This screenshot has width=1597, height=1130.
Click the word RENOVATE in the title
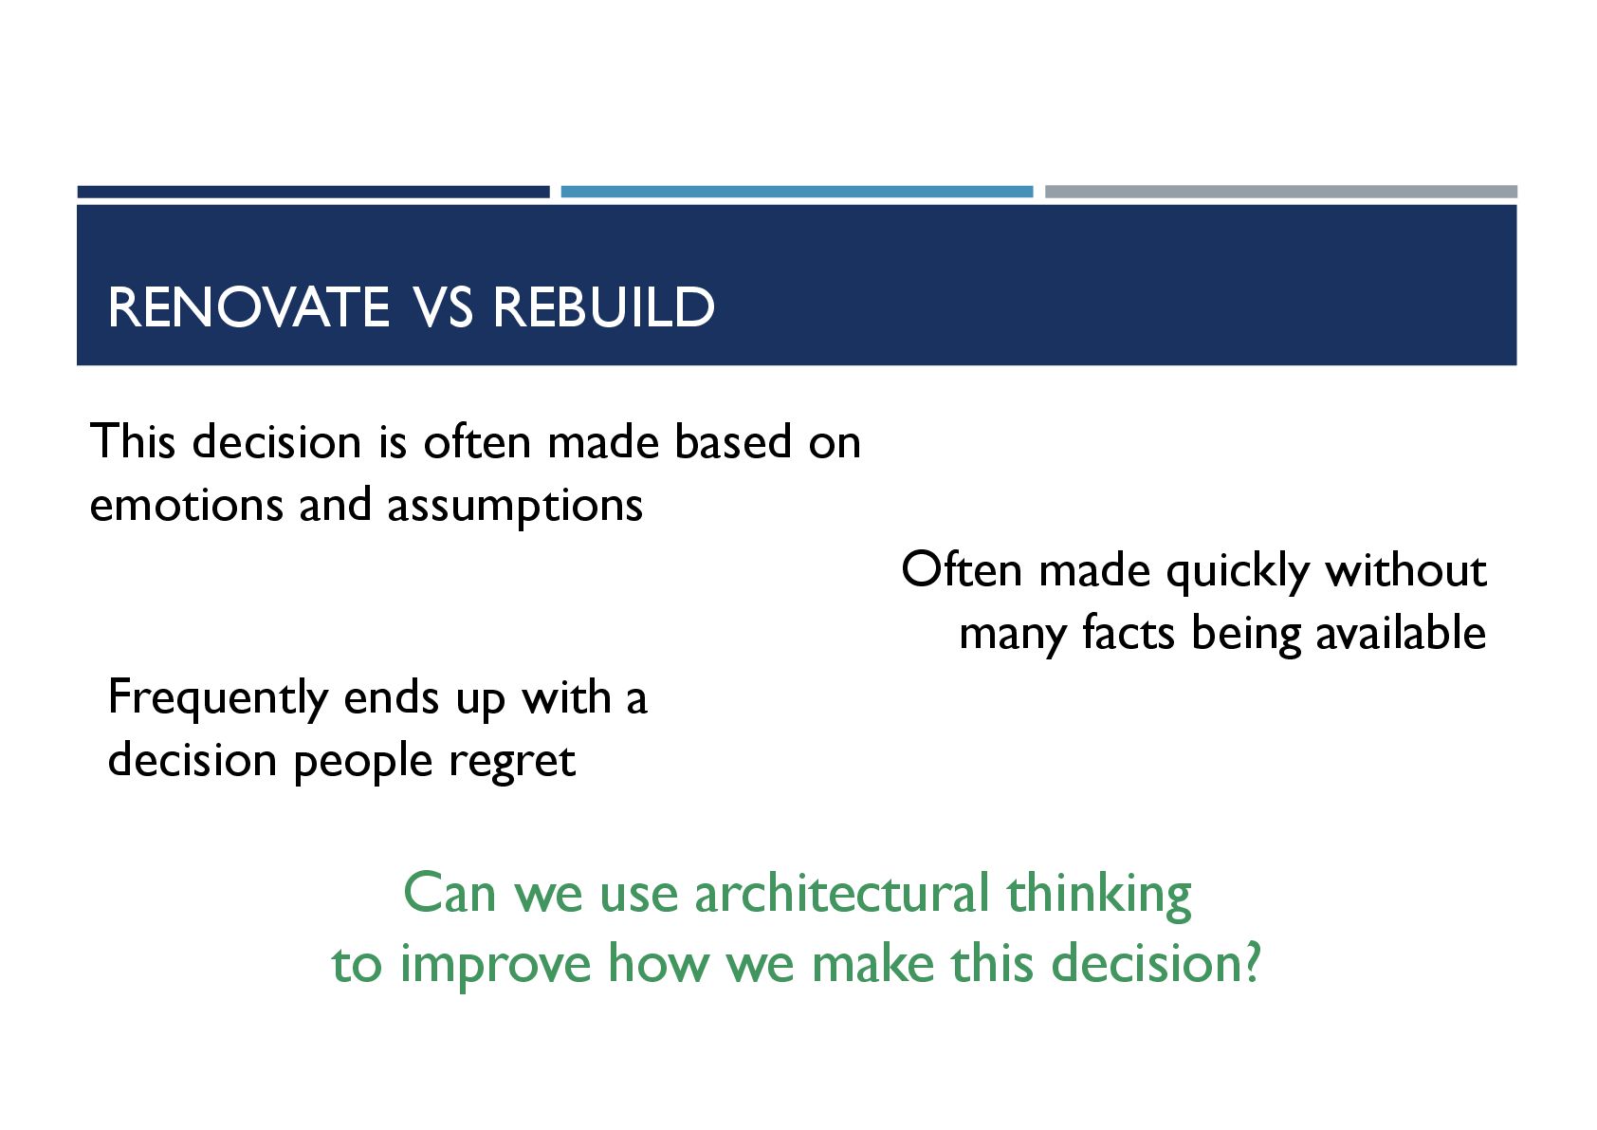(x=248, y=307)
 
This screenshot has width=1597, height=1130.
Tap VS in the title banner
(x=443, y=307)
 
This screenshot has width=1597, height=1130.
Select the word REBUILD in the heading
(x=603, y=307)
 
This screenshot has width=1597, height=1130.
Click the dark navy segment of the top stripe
(x=314, y=192)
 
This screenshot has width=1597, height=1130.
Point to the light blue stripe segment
(x=797, y=192)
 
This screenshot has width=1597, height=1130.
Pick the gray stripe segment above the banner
(x=1280, y=192)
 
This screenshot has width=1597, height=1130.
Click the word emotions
(x=186, y=505)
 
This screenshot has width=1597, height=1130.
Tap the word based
(x=733, y=441)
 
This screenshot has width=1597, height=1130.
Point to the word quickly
(x=1238, y=572)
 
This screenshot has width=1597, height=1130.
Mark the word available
(x=1401, y=632)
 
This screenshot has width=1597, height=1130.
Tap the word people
(x=363, y=762)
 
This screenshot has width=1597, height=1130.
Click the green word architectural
(x=842, y=893)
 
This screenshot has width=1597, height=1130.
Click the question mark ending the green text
(x=1252, y=962)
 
